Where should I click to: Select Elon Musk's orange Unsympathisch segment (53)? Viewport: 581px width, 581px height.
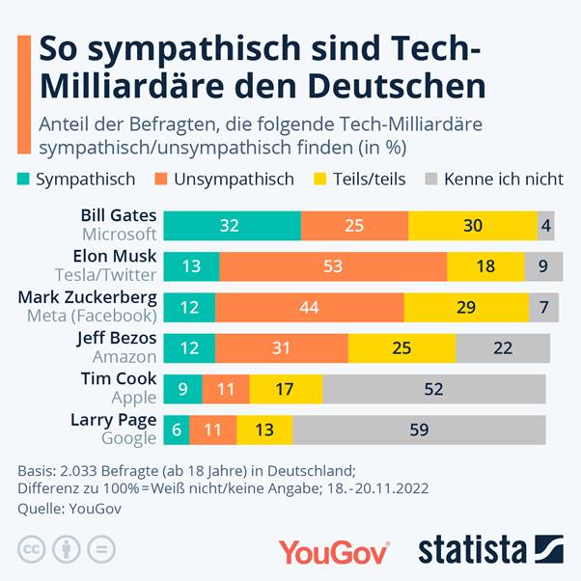333,265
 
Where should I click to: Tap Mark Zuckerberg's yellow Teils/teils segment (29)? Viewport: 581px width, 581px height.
466,306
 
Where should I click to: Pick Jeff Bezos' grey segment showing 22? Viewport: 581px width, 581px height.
502,347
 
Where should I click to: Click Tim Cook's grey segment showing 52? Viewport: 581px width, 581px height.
433,389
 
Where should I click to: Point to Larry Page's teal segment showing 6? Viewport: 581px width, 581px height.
176,429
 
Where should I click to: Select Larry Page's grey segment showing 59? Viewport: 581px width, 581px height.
418,429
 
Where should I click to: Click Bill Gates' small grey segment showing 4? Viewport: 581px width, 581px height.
545,225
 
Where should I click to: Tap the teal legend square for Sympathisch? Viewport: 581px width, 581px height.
24,180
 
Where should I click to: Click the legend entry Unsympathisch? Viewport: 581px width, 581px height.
237,180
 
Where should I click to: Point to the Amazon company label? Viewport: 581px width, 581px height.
124,357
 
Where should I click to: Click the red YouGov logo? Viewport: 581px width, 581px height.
334,551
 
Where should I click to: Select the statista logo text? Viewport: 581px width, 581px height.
472,550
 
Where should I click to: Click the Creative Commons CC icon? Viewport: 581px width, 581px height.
32,550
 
